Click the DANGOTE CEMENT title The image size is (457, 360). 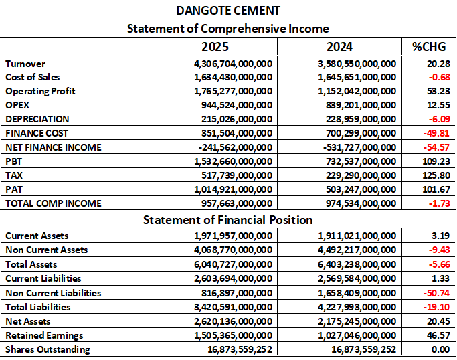(227, 11)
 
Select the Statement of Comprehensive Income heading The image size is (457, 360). (227, 29)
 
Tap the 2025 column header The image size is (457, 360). (215, 47)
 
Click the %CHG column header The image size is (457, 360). (430, 47)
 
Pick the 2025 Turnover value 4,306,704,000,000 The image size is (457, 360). (233, 63)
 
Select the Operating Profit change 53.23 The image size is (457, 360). (437, 91)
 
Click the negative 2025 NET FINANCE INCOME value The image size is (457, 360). (236, 147)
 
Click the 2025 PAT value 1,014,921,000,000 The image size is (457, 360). (233, 189)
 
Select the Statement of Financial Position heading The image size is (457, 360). (227, 219)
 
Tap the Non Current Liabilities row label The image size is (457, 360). (54, 293)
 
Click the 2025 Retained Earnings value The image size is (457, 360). (233, 335)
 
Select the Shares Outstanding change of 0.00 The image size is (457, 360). (439, 349)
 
